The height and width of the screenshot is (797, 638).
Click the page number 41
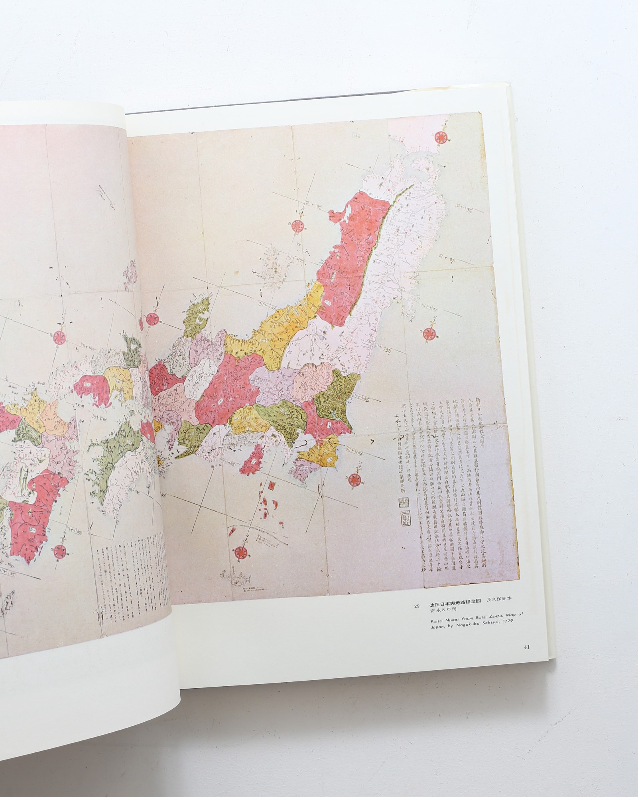tap(526, 658)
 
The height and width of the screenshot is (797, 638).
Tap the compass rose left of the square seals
tap(353, 481)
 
